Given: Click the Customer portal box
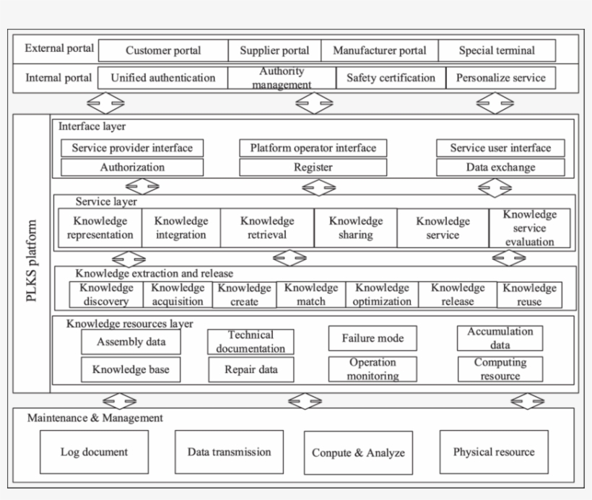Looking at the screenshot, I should [x=163, y=51].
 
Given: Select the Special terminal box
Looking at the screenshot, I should [x=497, y=51].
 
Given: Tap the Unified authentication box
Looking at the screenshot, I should [x=163, y=78].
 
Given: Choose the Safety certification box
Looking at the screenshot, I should [x=391, y=78].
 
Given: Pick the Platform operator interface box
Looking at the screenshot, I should [x=313, y=148].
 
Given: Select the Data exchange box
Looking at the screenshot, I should [x=500, y=167].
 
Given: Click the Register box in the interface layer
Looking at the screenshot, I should [x=313, y=167].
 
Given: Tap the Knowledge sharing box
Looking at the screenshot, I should [x=355, y=228].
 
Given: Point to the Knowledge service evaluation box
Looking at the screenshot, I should [x=529, y=228].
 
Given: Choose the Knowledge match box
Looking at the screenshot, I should [x=310, y=294].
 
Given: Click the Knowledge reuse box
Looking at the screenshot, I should [x=529, y=294].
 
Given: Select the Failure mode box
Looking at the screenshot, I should [x=373, y=338].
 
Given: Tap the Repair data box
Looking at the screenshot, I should [x=251, y=369].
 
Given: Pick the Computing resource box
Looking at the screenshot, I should [x=500, y=369].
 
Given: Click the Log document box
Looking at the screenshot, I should [x=94, y=452].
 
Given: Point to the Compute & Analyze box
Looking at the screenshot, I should [x=358, y=453].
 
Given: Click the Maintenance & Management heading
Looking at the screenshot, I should [x=95, y=418].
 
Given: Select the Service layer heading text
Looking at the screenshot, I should [x=105, y=202].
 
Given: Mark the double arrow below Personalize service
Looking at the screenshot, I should [x=495, y=104].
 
